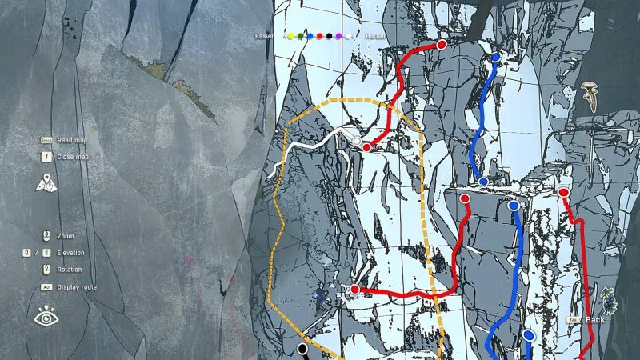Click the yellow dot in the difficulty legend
click(x=290, y=36)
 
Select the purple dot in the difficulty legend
click(x=339, y=36)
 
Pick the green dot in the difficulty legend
click(x=300, y=36)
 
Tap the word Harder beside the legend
click(x=375, y=36)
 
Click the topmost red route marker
click(x=441, y=45)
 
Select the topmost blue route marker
click(x=496, y=58)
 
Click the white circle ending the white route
click(x=357, y=142)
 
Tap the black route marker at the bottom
click(x=302, y=349)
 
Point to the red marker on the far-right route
click(x=563, y=193)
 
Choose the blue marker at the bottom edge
click(x=528, y=335)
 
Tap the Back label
click(x=595, y=320)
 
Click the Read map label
click(x=73, y=140)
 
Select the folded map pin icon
click(x=46, y=182)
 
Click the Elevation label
click(x=71, y=253)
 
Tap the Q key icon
click(x=26, y=253)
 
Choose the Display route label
click(x=78, y=286)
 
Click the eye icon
click(x=46, y=318)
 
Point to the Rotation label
click(x=69, y=270)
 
